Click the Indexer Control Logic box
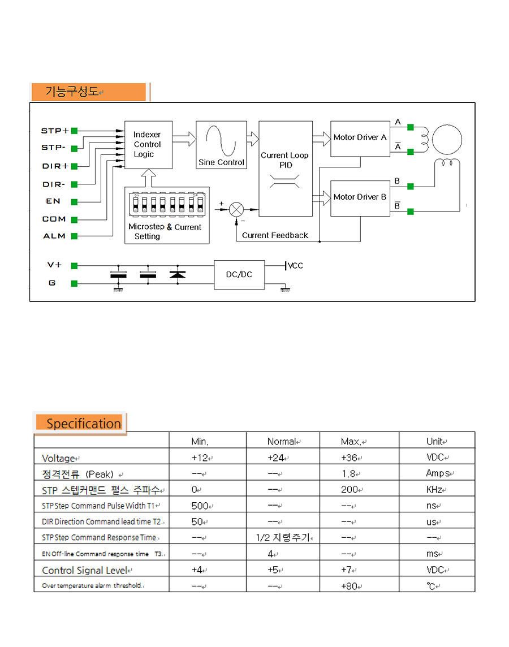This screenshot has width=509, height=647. click(148, 144)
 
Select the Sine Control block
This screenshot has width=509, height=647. click(221, 144)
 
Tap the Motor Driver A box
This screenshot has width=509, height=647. click(360, 139)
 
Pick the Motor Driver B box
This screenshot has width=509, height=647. click(360, 199)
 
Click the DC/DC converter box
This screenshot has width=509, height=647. click(239, 274)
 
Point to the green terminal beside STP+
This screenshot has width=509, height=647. click(74, 131)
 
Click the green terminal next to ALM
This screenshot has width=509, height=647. click(74, 236)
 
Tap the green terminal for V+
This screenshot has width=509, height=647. click(74, 266)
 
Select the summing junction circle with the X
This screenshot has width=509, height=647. click(236, 210)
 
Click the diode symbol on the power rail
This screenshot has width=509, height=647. click(178, 274)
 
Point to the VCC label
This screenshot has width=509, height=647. click(295, 265)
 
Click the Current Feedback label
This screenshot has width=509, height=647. click(275, 235)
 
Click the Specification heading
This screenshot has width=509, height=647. click(84, 424)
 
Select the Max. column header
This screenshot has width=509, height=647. click(353, 442)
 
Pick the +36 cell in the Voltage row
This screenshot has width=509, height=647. click(351, 458)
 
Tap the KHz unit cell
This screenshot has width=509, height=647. click(436, 490)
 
